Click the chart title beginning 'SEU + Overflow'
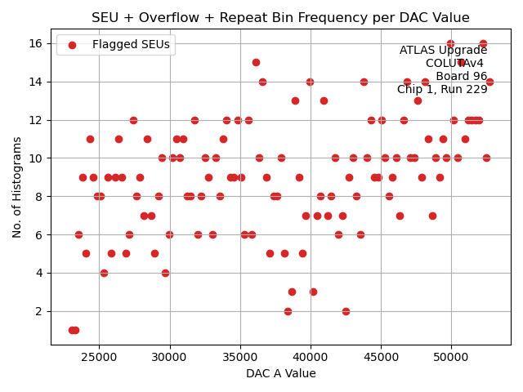click(x=280, y=17)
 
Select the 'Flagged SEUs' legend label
click(x=131, y=45)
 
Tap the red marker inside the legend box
click(x=72, y=45)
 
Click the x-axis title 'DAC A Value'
click(x=280, y=373)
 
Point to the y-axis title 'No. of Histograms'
click(x=17, y=187)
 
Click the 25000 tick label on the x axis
click(x=100, y=357)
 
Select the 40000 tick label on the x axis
click(x=311, y=357)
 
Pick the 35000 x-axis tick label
click(x=240, y=357)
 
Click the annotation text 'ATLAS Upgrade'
click(x=443, y=51)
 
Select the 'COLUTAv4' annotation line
click(x=454, y=64)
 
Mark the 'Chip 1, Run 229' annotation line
click(x=442, y=90)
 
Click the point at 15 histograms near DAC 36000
click(x=256, y=62)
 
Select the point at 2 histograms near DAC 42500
click(x=346, y=311)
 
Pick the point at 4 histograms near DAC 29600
click(x=165, y=273)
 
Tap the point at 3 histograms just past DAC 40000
click(x=313, y=292)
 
